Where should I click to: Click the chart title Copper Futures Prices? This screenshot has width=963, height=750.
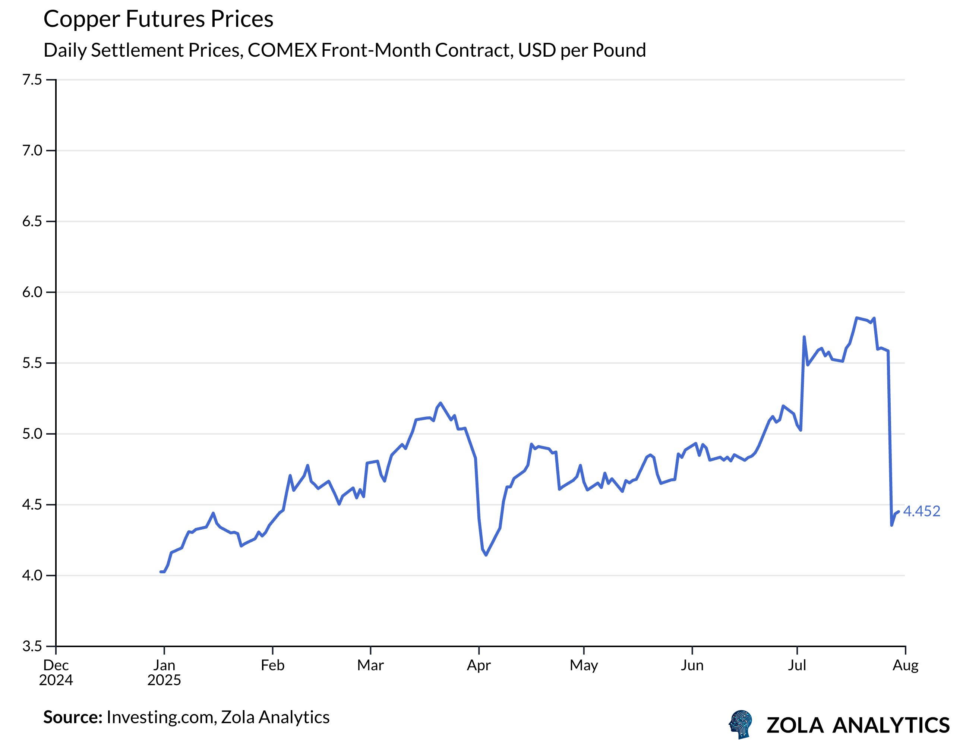coord(158,19)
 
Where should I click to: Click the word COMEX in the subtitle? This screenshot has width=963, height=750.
coord(282,50)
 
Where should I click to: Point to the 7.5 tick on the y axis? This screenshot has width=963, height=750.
coord(32,80)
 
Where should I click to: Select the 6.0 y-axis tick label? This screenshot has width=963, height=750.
coord(32,292)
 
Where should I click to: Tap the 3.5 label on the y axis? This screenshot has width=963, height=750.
coord(32,646)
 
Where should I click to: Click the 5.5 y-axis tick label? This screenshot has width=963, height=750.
coord(32,363)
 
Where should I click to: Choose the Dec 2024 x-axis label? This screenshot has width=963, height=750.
coord(56,672)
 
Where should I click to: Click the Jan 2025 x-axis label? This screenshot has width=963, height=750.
coord(164,672)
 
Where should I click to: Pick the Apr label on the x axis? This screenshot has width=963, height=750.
coord(479,665)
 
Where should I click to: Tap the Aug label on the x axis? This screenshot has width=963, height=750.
coord(905,665)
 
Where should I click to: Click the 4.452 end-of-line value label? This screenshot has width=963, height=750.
coord(922,511)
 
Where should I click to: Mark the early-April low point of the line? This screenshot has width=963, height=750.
coord(486,555)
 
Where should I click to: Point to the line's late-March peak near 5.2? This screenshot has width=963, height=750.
coord(440,403)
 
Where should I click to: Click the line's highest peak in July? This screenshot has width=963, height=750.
coord(856,318)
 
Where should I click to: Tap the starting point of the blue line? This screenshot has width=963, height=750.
coord(161,572)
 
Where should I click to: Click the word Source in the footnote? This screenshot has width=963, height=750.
coord(73,717)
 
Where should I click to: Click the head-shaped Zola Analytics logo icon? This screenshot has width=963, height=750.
coord(741,724)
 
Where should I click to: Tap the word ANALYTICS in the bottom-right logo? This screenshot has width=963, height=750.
coord(891,726)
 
